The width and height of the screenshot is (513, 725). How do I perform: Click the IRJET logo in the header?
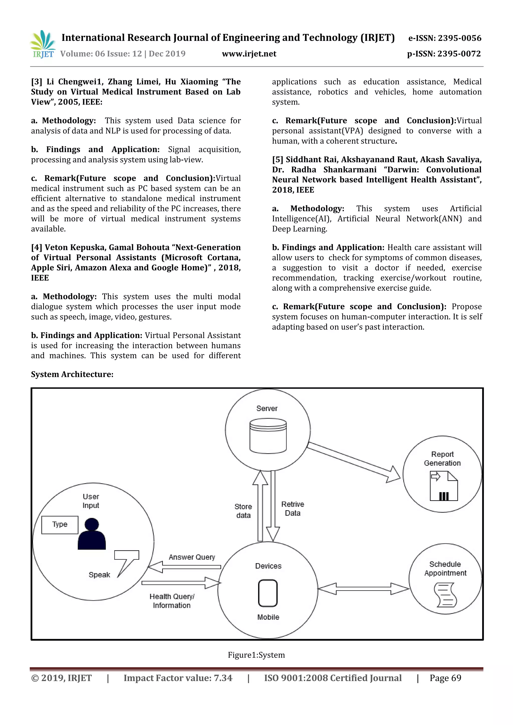pyautogui.click(x=43, y=44)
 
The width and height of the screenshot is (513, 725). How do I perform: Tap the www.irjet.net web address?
pyautogui.click(x=249, y=54)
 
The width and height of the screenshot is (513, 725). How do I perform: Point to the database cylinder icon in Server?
pyautogui.click(x=268, y=436)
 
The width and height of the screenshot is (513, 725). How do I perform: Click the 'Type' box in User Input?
pyautogui.click(x=60, y=525)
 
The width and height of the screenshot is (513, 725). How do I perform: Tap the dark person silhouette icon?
pyautogui.click(x=92, y=534)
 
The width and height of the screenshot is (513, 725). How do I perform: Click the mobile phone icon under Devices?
pyautogui.click(x=268, y=593)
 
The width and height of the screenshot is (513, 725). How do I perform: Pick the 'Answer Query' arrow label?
pyautogui.click(x=192, y=557)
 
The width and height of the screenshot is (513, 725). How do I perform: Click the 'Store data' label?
pyautogui.click(x=243, y=511)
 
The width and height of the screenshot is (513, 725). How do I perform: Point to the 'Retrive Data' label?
pyautogui.click(x=293, y=509)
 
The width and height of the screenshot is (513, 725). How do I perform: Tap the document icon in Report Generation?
pyautogui.click(x=444, y=486)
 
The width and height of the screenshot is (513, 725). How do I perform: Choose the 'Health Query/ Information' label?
pyautogui.click(x=172, y=601)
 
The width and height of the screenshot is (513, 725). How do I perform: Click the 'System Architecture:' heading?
pyautogui.click(x=72, y=374)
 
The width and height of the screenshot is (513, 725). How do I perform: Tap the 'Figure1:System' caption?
pyautogui.click(x=256, y=655)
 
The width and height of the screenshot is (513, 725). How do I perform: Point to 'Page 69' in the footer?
pyautogui.click(x=445, y=678)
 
